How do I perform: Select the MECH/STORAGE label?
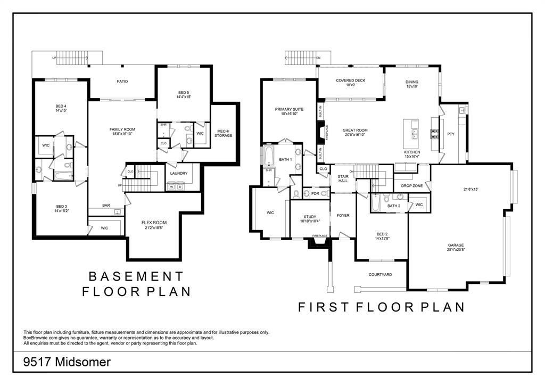(x=223, y=133)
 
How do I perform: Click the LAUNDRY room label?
(x=179, y=174)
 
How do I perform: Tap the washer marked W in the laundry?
(x=172, y=186)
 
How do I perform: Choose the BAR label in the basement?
(x=106, y=206)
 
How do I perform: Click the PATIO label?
(x=122, y=81)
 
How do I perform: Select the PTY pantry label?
(x=451, y=134)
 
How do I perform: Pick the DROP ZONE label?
(x=412, y=186)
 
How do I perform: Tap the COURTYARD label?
(x=381, y=275)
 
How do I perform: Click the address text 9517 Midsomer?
(x=67, y=362)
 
